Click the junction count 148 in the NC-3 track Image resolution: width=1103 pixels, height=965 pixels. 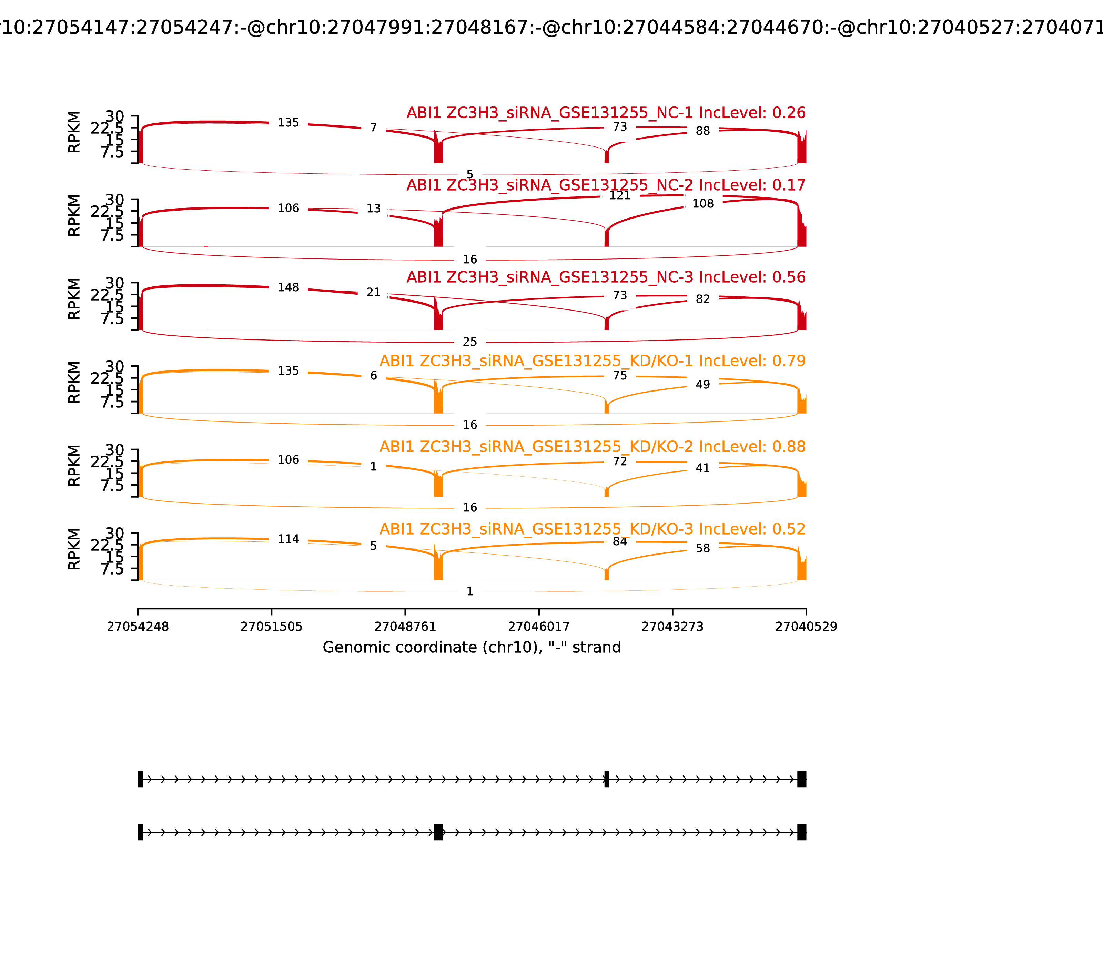(288, 287)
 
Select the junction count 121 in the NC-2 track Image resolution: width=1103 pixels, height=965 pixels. (620, 195)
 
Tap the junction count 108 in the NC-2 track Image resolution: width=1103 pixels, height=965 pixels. (703, 204)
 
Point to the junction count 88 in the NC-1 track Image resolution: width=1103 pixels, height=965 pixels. (703, 131)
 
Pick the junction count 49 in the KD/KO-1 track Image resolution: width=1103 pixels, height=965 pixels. (703, 385)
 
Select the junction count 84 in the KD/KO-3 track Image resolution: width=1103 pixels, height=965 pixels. (620, 541)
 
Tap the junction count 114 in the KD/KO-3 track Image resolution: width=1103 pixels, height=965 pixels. (288, 539)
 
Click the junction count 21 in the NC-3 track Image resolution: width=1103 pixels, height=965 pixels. (373, 292)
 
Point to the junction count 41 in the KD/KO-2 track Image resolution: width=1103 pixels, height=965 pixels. (703, 468)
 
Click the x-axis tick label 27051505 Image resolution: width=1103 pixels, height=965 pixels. (272, 627)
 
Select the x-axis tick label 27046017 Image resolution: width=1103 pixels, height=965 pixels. (538, 627)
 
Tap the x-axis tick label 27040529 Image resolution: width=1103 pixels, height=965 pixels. (806, 627)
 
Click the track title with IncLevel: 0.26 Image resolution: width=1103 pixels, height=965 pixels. (606, 113)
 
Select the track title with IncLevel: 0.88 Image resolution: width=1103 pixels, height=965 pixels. (593, 447)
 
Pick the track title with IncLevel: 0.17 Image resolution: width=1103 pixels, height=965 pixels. (606, 185)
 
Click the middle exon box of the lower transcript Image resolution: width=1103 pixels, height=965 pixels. (438, 832)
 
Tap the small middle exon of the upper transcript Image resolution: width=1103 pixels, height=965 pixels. (606, 779)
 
